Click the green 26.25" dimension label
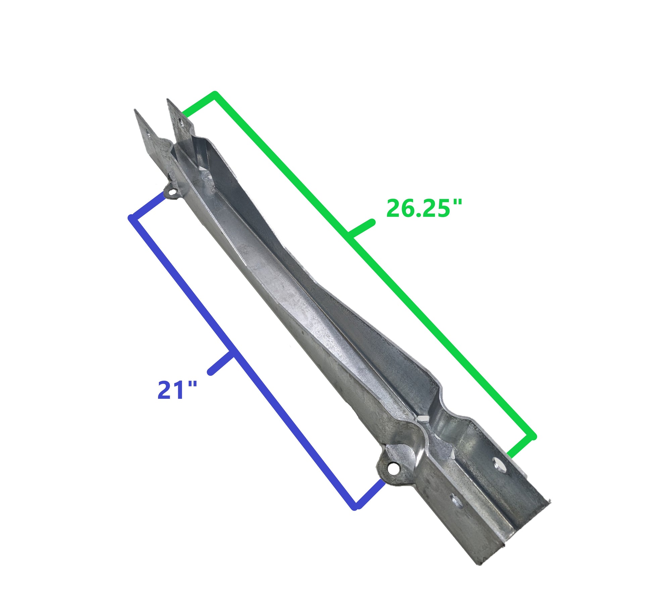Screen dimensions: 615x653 (423, 208)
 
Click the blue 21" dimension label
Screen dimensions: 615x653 (177, 390)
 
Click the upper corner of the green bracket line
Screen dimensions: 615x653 (215, 93)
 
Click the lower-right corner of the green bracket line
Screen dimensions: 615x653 (534, 437)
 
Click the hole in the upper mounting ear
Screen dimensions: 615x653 (172, 193)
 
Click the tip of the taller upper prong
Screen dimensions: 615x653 (168, 100)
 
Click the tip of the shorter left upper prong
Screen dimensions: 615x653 (135, 110)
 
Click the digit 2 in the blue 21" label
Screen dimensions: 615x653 (165, 390)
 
